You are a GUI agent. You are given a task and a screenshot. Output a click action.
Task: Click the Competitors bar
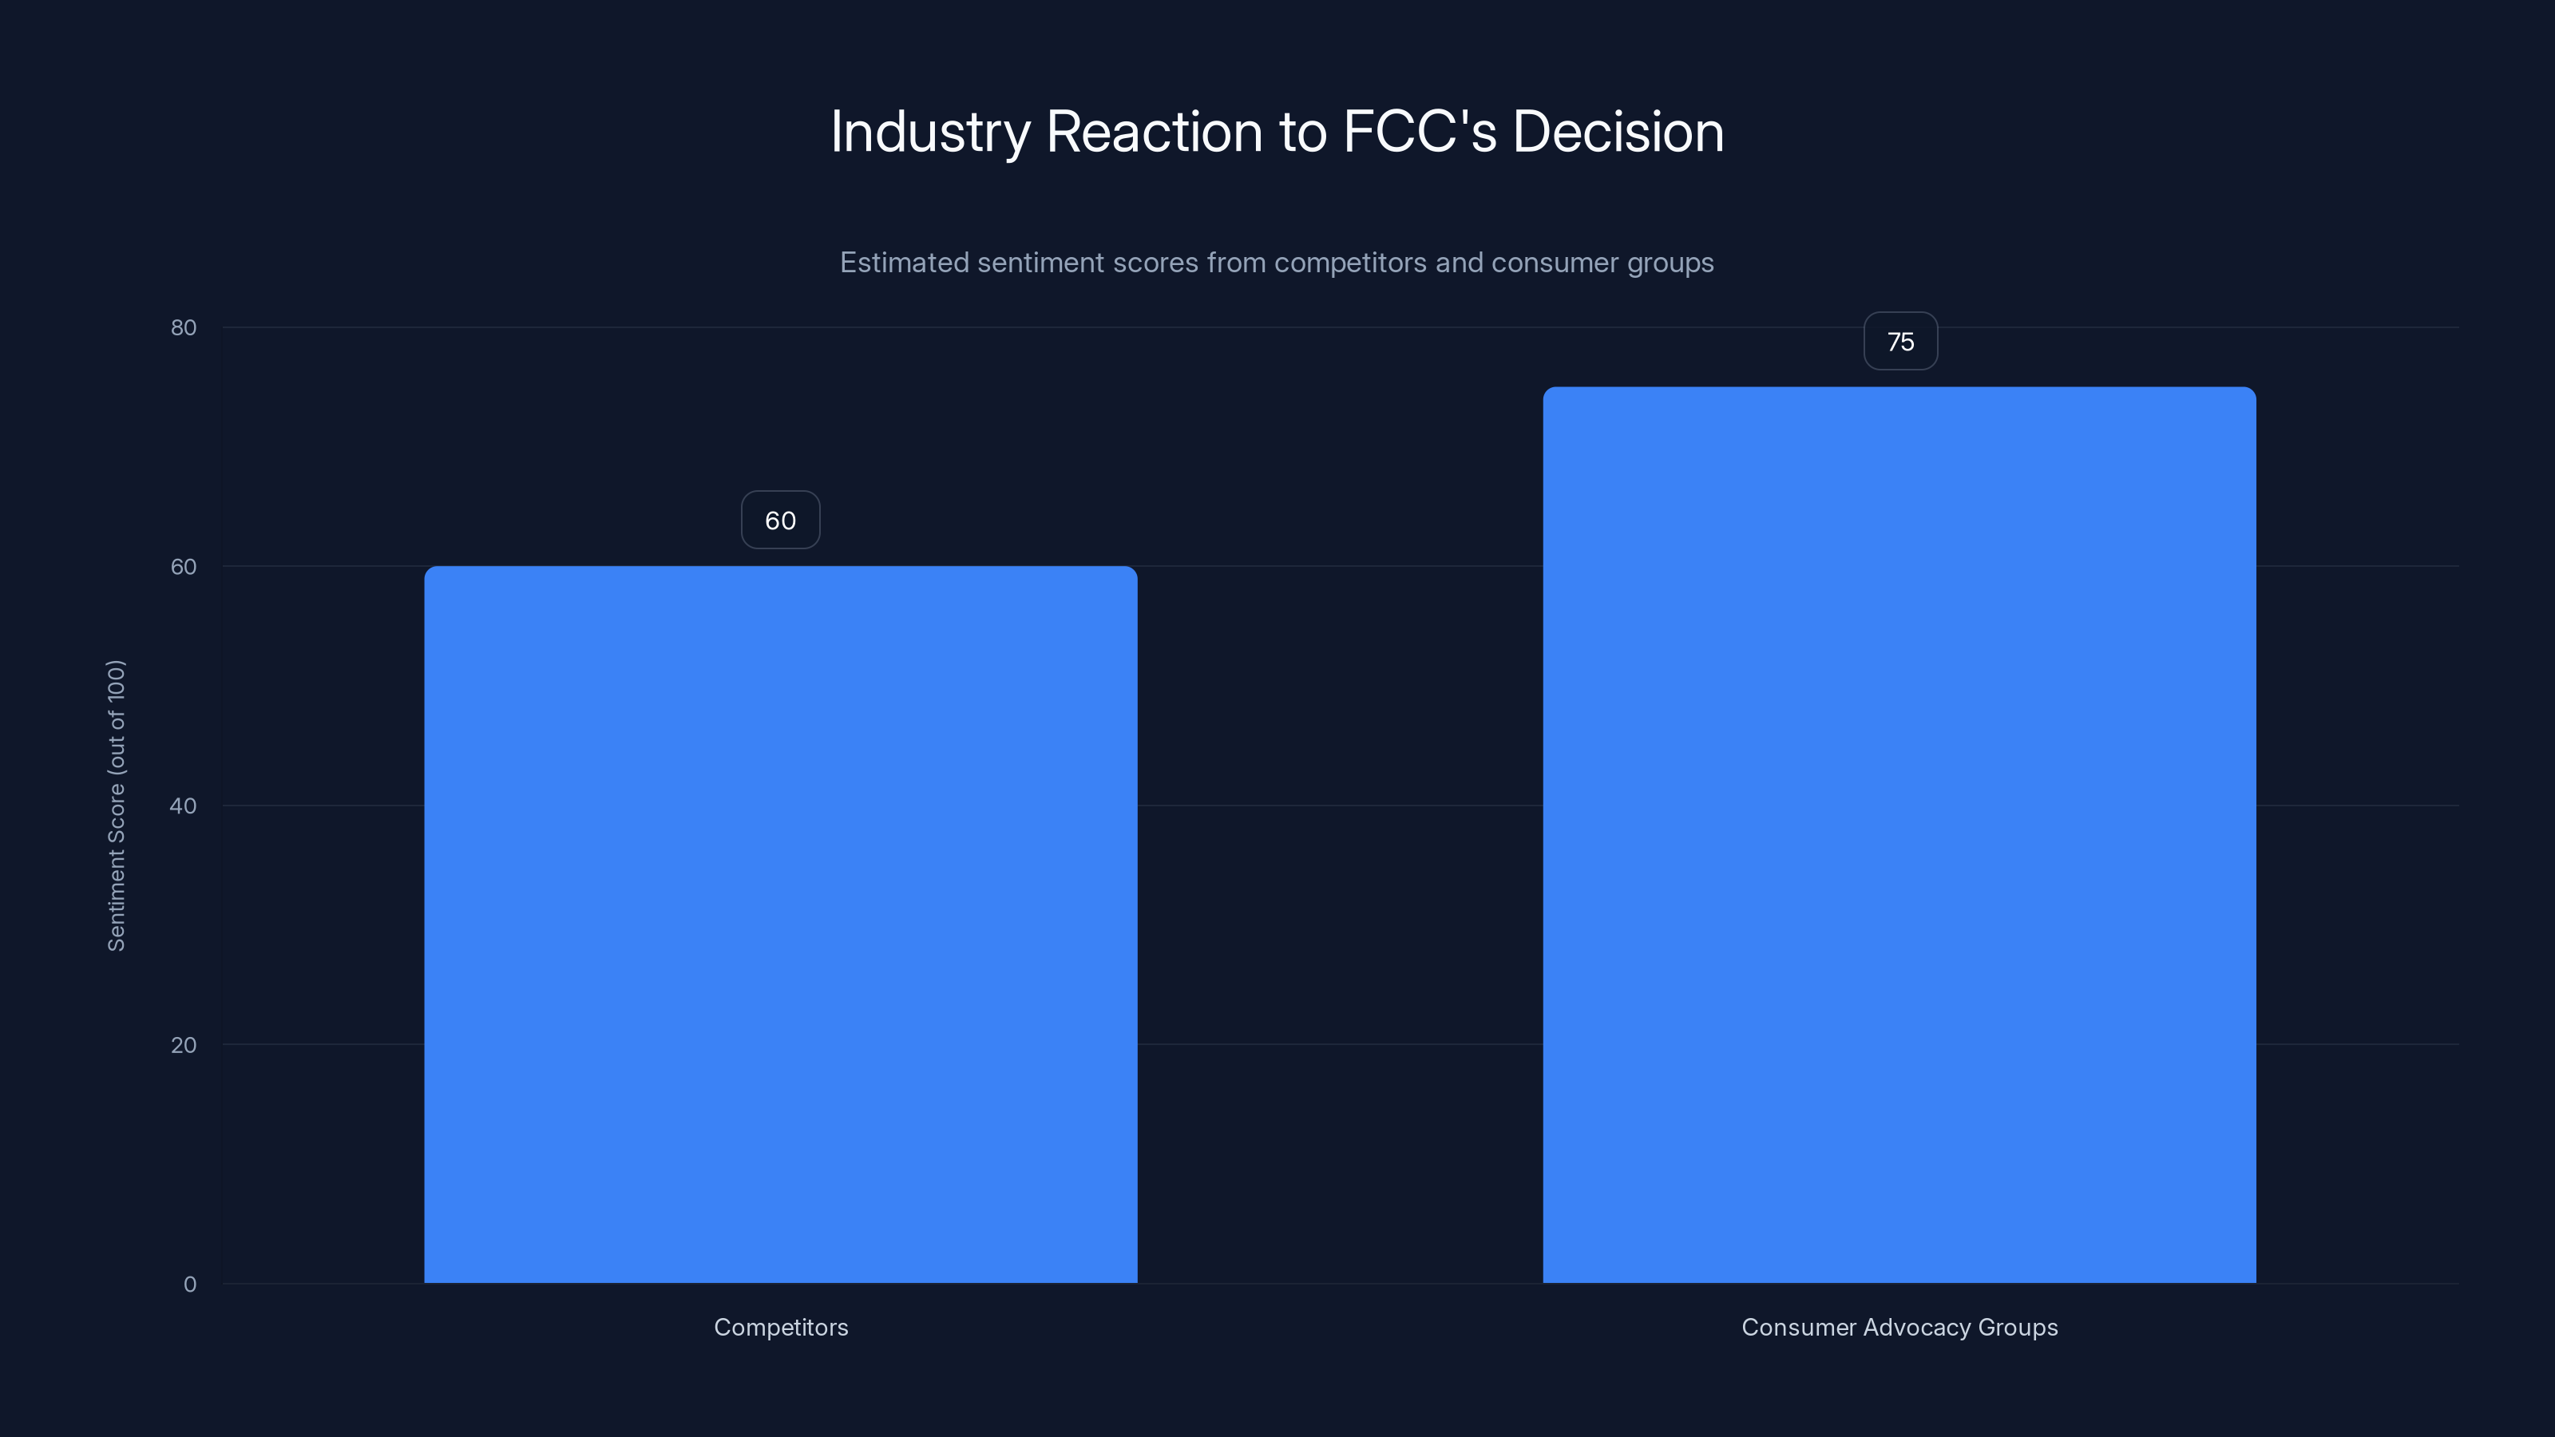[x=781, y=924]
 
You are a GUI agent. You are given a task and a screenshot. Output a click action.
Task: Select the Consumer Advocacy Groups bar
[x=1899, y=835]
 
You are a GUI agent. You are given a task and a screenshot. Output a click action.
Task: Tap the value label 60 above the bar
[x=781, y=521]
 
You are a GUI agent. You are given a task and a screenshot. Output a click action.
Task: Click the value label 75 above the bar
[x=1900, y=342]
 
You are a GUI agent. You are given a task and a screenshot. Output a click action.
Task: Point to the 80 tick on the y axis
[x=184, y=328]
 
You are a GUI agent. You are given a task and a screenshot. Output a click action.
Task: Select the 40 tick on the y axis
[x=184, y=806]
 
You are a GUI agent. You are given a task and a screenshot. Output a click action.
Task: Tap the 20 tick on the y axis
[x=184, y=1045]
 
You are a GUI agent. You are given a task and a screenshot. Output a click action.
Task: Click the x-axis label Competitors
[x=781, y=1328]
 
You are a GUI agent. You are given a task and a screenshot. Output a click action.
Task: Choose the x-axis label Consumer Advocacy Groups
[x=1899, y=1328]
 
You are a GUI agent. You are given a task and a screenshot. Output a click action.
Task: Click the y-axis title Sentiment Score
[x=116, y=806]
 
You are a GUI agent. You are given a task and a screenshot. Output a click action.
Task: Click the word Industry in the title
[x=930, y=132]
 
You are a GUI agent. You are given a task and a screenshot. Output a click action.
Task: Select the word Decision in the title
[x=1618, y=132]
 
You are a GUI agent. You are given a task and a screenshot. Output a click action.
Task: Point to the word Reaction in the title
[x=1155, y=132]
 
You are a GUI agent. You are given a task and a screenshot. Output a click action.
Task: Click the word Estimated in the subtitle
[x=904, y=263]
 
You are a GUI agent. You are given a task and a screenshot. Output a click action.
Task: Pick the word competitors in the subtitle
[x=1350, y=263]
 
